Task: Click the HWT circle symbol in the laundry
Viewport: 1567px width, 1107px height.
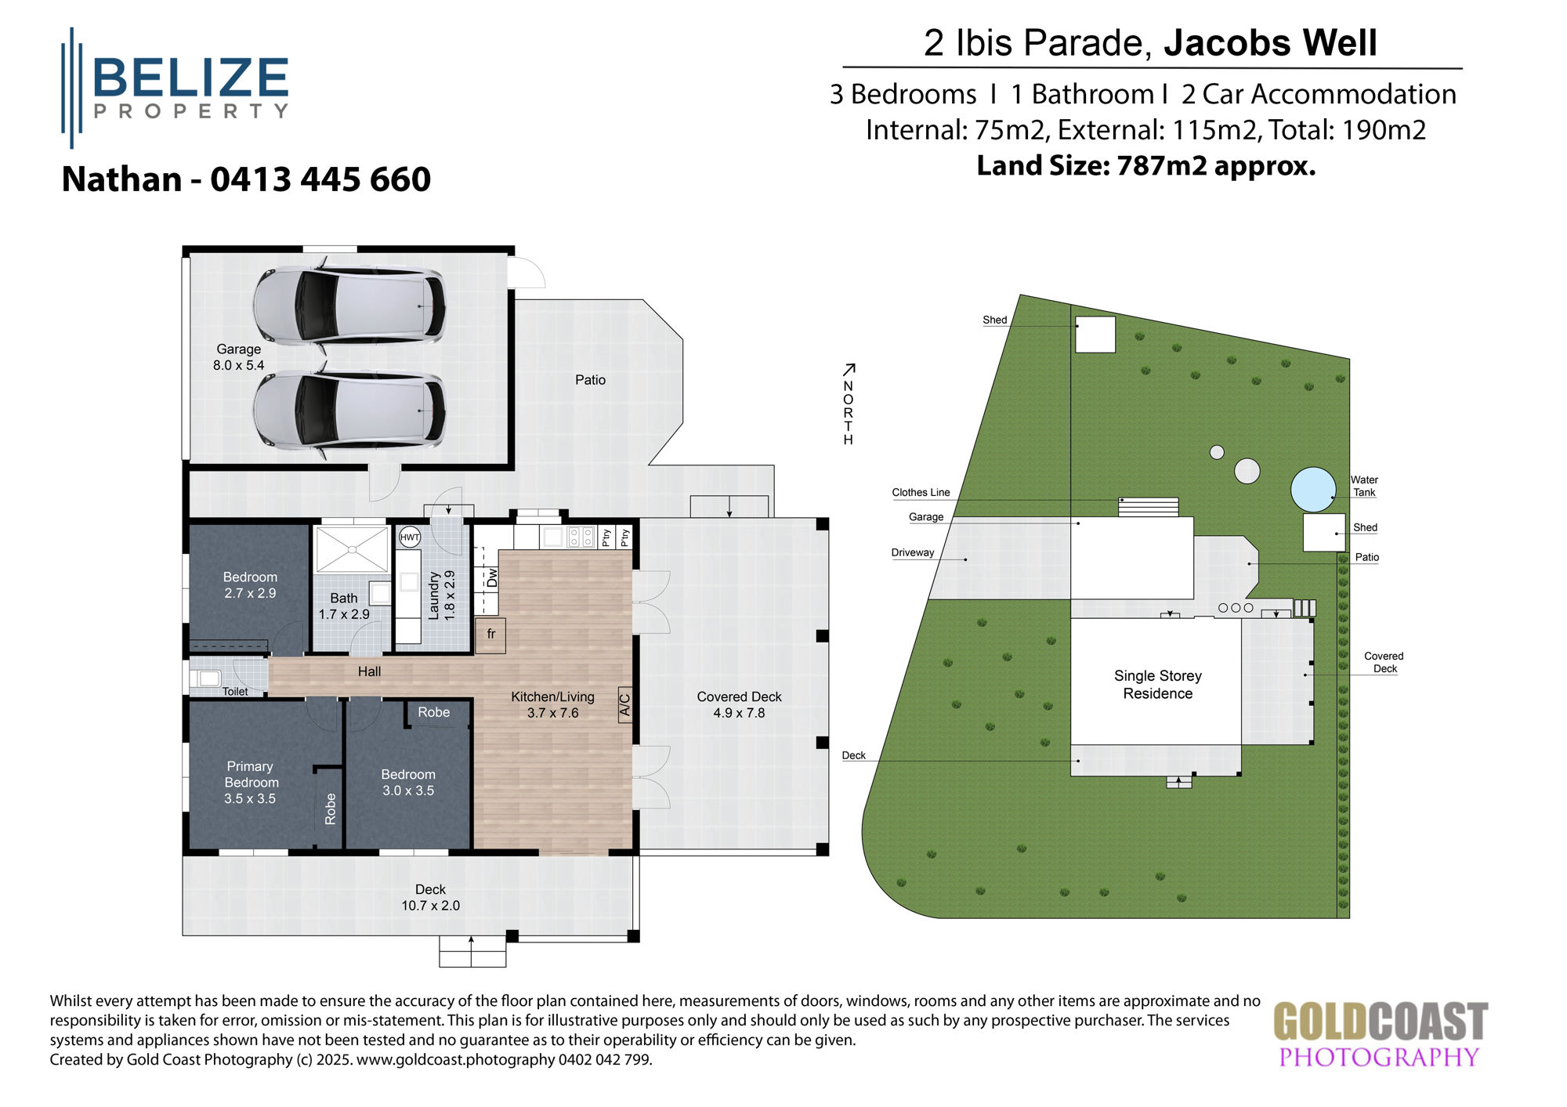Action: [410, 537]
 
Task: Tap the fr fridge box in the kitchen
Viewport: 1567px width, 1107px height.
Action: [490, 635]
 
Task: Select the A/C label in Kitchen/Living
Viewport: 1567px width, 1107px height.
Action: [625, 705]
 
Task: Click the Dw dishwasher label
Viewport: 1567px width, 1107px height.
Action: [492, 578]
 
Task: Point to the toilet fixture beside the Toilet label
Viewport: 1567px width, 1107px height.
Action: [208, 678]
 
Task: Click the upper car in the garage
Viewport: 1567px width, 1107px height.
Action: [349, 306]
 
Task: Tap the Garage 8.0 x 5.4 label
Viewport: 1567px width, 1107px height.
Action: [239, 357]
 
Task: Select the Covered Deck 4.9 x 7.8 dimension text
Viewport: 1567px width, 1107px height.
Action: [739, 713]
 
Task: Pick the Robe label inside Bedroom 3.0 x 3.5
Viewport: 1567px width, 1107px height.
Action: [433, 712]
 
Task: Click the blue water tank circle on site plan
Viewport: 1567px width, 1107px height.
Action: [1313, 489]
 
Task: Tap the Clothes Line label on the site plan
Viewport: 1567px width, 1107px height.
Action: [921, 493]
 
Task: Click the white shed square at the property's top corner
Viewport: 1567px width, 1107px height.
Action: [1095, 335]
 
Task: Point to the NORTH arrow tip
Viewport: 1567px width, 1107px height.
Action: [854, 365]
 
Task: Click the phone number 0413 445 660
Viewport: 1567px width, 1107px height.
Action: [320, 179]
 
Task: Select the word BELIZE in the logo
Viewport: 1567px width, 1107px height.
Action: [191, 78]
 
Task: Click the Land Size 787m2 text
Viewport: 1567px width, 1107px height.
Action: [1145, 166]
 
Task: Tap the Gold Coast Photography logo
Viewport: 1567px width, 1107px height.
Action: [1380, 1034]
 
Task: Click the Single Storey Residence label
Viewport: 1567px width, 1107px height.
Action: [1157, 684]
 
